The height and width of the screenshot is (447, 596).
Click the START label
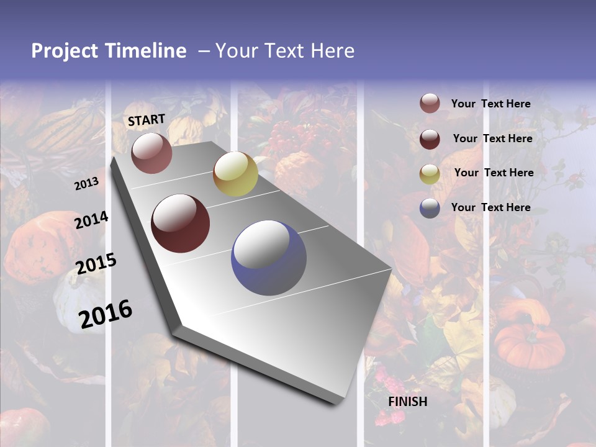pos(147,120)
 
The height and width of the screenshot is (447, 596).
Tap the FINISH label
pos(408,402)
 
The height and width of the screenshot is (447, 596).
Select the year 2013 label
pos(86,183)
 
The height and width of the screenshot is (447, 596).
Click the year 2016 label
pos(106,314)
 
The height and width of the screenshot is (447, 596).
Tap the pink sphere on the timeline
pos(151,153)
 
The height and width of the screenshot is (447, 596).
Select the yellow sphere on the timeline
pos(235,174)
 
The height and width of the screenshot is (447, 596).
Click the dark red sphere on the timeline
pos(181,223)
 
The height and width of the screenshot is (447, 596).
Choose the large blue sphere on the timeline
pos(269,258)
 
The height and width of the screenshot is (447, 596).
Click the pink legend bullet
pos(430,104)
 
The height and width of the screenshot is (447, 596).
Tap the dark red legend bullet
pos(430,139)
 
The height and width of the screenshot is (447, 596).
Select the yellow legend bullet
pos(430,173)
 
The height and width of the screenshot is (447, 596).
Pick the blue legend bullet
pos(430,208)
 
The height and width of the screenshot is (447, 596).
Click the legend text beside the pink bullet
pos(490,104)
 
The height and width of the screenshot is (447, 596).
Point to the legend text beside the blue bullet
pos(490,207)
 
